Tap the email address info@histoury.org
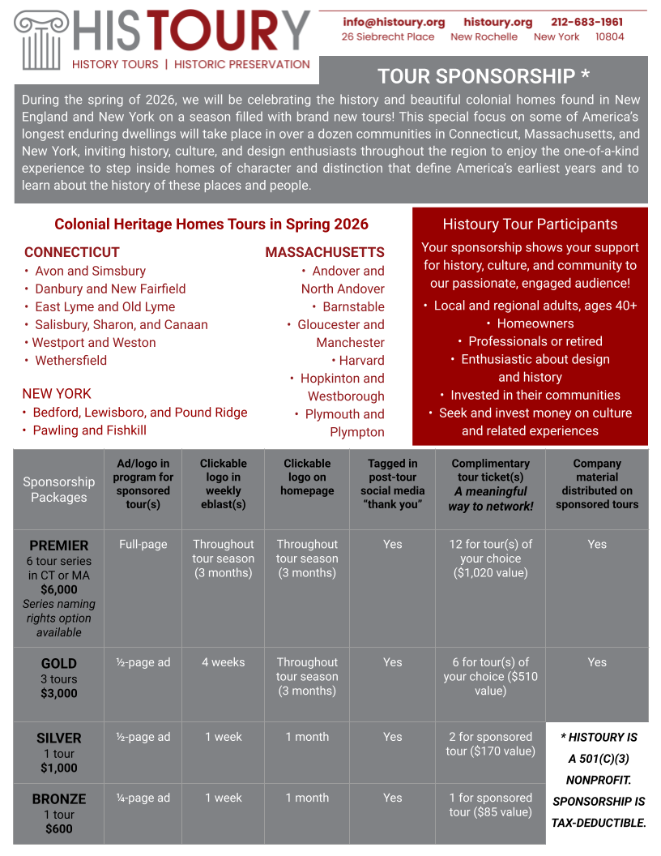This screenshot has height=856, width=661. (x=394, y=22)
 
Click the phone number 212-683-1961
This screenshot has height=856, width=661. (x=587, y=22)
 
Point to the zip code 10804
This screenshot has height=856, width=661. (x=610, y=37)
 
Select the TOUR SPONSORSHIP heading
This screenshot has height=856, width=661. (x=484, y=76)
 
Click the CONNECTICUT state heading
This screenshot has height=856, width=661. (x=71, y=252)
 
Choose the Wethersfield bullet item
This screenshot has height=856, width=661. (x=70, y=360)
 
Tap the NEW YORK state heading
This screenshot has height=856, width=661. (x=57, y=394)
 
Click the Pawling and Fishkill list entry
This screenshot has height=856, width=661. (x=89, y=430)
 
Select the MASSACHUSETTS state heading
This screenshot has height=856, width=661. (x=325, y=252)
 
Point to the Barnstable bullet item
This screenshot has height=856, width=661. (x=353, y=306)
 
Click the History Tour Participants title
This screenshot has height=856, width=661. (x=530, y=225)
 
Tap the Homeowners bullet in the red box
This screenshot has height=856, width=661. (x=535, y=323)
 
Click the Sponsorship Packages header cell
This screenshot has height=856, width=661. (x=59, y=490)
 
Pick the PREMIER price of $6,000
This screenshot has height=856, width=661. (x=59, y=589)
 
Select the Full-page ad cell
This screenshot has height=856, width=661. (x=143, y=545)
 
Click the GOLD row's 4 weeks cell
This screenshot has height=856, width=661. (x=224, y=662)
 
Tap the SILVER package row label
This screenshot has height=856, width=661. (x=59, y=738)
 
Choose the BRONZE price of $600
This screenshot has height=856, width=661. (x=59, y=828)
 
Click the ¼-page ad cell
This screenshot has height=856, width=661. (x=143, y=798)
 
